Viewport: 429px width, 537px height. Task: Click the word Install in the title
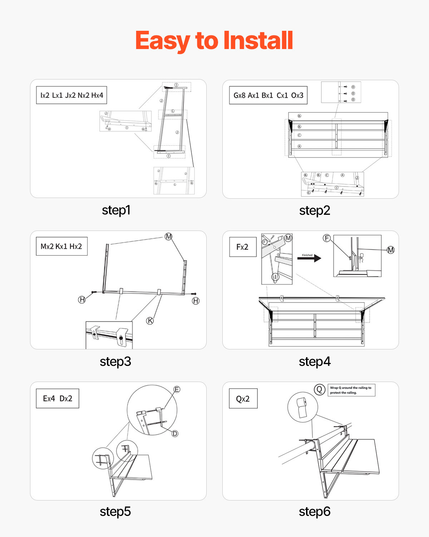click(258, 40)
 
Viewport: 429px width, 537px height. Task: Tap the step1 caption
click(116, 210)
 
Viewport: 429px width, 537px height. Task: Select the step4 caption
click(315, 362)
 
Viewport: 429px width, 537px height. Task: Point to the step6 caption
click(315, 512)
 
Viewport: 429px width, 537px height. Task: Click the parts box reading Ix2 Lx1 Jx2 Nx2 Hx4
click(71, 95)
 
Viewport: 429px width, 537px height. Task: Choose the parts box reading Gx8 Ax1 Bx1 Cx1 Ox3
click(268, 95)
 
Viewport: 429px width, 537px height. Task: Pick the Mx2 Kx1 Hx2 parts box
click(61, 246)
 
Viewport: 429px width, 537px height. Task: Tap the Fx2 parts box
click(243, 247)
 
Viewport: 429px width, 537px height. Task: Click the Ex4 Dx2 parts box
click(58, 398)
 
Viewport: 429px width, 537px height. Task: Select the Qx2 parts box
click(243, 399)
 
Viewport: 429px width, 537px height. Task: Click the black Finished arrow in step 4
click(310, 258)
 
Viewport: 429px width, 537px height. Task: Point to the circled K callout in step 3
click(150, 321)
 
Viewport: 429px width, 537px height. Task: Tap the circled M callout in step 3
click(168, 237)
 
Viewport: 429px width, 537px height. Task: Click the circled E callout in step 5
click(177, 390)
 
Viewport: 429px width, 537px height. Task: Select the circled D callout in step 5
click(175, 434)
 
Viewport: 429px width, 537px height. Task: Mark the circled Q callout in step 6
click(319, 389)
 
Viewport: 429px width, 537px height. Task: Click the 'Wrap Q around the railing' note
click(351, 390)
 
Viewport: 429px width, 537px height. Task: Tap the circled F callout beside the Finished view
click(326, 238)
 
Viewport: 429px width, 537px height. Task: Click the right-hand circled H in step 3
click(196, 301)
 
